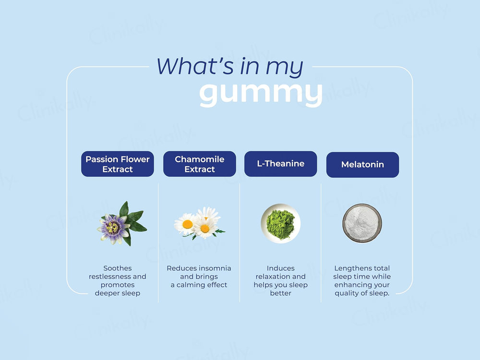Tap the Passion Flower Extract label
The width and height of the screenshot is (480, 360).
tap(118, 164)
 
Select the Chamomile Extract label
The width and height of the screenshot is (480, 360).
tap(200, 164)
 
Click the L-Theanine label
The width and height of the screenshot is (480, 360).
tap(281, 164)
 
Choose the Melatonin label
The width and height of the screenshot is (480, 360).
tap(362, 165)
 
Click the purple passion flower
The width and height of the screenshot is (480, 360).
tap(114, 228)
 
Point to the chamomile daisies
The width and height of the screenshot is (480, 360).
tap(198, 222)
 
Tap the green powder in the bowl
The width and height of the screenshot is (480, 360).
tap(281, 223)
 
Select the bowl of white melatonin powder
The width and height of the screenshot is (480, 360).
tap(362, 223)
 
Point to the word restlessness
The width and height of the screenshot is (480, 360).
tap(110, 276)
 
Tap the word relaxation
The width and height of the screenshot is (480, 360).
tap(274, 276)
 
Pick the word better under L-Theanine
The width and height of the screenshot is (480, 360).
tap(281, 293)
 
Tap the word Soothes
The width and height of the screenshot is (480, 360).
tap(118, 268)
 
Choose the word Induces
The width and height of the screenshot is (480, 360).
tap(281, 268)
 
